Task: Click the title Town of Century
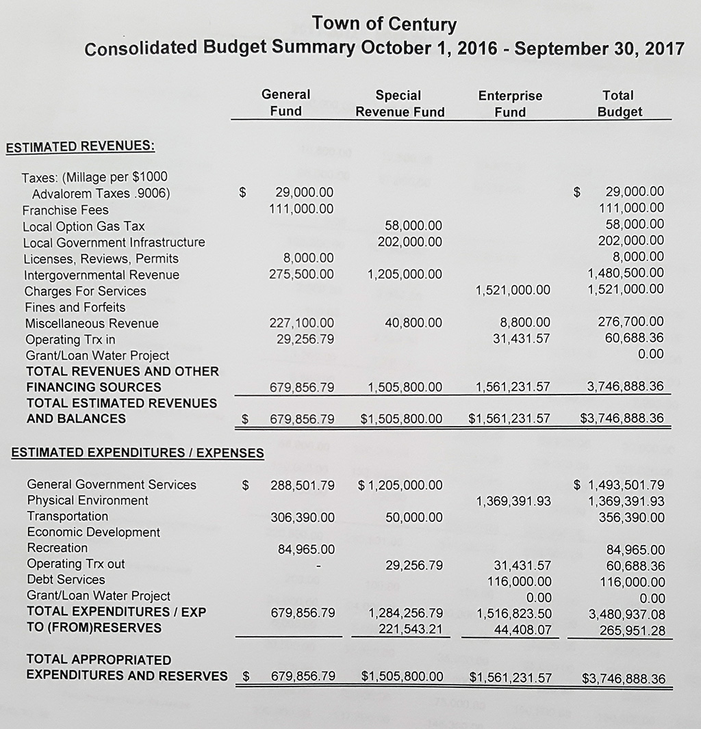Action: click(x=383, y=25)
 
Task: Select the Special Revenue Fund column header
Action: click(x=400, y=103)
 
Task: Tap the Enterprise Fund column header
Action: click(x=510, y=103)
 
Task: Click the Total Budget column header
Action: click(x=619, y=103)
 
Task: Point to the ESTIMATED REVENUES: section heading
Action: click(x=80, y=146)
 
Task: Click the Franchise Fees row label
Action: click(x=66, y=210)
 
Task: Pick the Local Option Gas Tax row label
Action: click(x=84, y=226)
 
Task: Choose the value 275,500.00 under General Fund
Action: click(x=301, y=274)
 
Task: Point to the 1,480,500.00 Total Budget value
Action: click(x=626, y=273)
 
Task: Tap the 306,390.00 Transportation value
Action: click(x=303, y=517)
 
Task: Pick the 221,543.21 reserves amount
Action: click(x=410, y=628)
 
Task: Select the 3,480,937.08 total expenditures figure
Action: click(x=626, y=614)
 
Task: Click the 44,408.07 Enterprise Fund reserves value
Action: click(x=522, y=629)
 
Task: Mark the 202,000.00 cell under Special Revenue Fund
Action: click(x=409, y=241)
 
